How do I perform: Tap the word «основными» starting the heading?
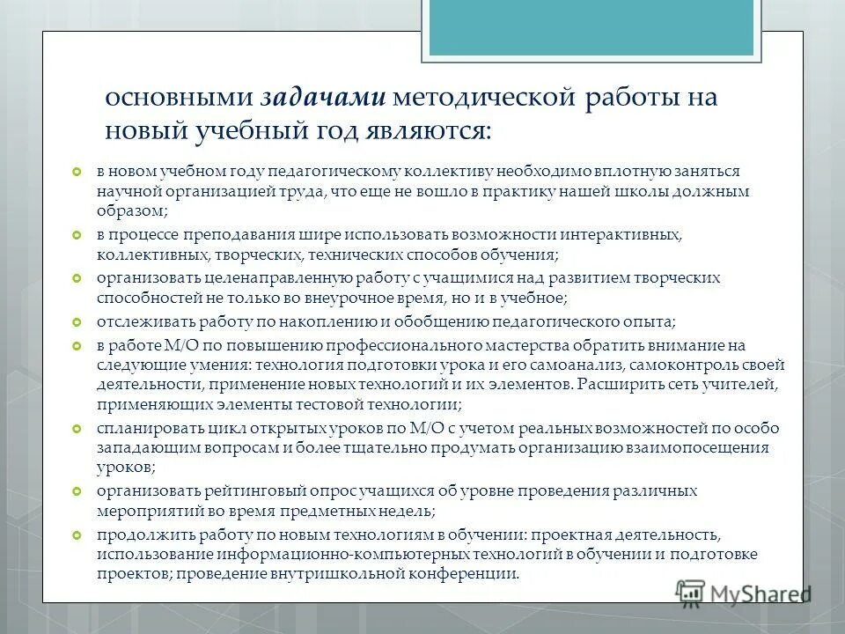tap(179, 99)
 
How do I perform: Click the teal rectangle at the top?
tap(591, 27)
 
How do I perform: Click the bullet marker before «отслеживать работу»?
tap(76, 322)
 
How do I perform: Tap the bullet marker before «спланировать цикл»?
tap(76, 429)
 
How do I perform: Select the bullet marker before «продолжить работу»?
tap(76, 535)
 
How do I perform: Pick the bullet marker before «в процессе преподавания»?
tap(76, 236)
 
